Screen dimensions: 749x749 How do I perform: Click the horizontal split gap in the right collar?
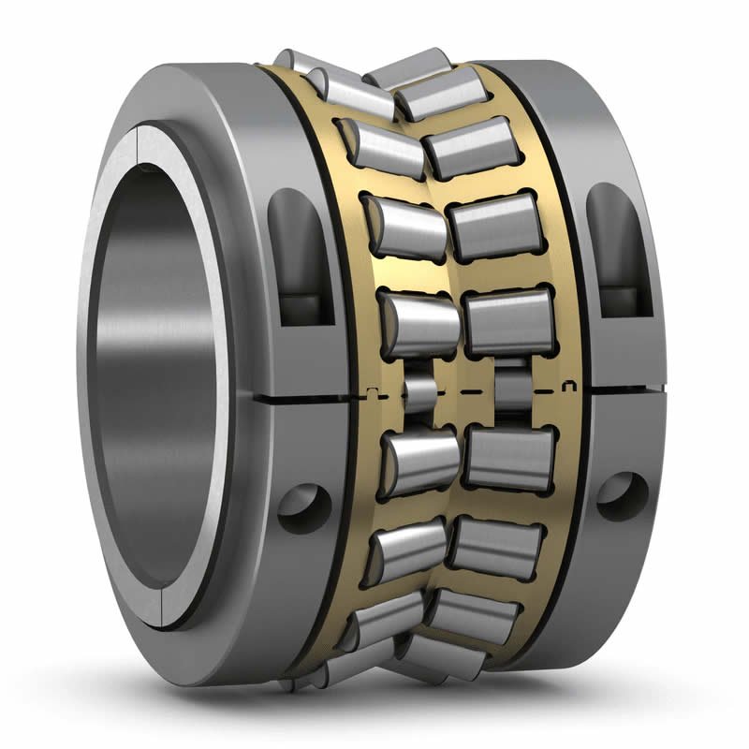[623, 386]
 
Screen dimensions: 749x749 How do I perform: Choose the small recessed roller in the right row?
[510, 385]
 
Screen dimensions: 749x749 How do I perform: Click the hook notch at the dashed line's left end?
[373, 391]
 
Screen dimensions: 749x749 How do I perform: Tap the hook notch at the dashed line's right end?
[567, 384]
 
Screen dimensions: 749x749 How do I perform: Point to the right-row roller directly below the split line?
[510, 457]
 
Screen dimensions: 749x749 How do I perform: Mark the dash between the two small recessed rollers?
[465, 389]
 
